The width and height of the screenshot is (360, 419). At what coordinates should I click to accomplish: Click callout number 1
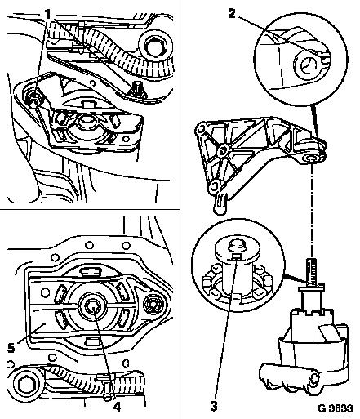click(x=47, y=15)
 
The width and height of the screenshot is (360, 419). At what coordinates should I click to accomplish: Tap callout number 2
click(x=232, y=14)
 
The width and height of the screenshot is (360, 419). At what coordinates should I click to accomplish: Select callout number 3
click(x=214, y=406)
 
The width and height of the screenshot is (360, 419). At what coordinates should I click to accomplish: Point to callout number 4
click(x=117, y=407)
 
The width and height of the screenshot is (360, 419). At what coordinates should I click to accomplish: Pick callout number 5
click(x=11, y=348)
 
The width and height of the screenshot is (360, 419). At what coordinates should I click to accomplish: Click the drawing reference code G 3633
click(x=336, y=408)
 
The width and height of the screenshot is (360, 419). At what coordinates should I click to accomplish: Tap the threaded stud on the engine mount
click(x=312, y=272)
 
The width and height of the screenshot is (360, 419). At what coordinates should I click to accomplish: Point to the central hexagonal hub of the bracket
click(x=223, y=149)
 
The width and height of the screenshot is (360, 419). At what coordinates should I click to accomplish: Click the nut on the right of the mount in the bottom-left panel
click(x=152, y=303)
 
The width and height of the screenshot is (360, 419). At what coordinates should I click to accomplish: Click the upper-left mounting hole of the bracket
click(x=201, y=128)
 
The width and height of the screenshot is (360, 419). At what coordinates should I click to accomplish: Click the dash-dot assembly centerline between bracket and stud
click(x=312, y=210)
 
